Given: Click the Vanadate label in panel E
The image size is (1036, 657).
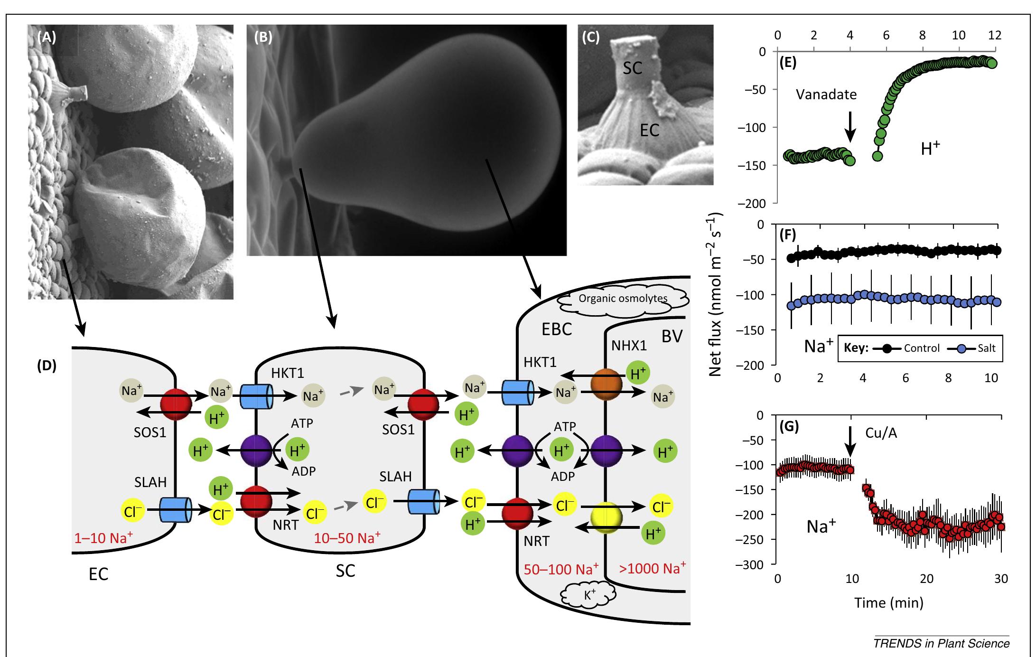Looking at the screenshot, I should (x=826, y=94).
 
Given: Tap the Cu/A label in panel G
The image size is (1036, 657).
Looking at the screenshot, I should (x=881, y=433).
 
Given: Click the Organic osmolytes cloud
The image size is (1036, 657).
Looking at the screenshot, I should (x=623, y=299).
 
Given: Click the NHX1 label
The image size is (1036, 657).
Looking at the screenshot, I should (x=629, y=345).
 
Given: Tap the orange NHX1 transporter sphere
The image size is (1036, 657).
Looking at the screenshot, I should (x=606, y=384).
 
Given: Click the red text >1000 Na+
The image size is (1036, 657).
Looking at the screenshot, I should (x=652, y=568).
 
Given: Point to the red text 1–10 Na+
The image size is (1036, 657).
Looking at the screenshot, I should (x=103, y=538).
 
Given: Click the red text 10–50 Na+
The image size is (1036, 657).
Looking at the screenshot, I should (x=347, y=538).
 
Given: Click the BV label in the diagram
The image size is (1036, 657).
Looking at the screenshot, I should (x=672, y=337).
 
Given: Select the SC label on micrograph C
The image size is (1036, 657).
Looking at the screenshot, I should (x=632, y=68).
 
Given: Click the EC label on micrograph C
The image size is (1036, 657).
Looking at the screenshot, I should (x=649, y=130).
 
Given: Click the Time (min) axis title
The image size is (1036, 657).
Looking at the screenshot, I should (x=888, y=603).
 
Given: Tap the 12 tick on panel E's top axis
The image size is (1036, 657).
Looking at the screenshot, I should (x=994, y=35).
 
